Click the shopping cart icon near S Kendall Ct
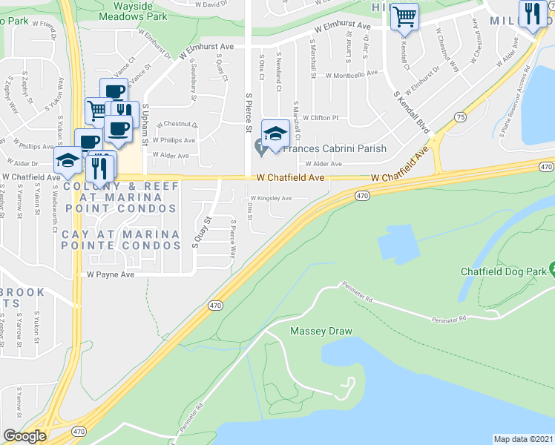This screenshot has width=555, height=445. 404,16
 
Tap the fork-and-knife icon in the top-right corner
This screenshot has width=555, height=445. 533,15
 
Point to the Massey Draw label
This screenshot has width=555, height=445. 321,331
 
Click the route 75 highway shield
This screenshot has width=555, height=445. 461,117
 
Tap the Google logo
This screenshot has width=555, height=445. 24,436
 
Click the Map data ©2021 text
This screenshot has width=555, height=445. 523,439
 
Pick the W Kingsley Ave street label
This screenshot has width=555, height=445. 271,198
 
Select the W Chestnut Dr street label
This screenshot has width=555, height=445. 177,125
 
